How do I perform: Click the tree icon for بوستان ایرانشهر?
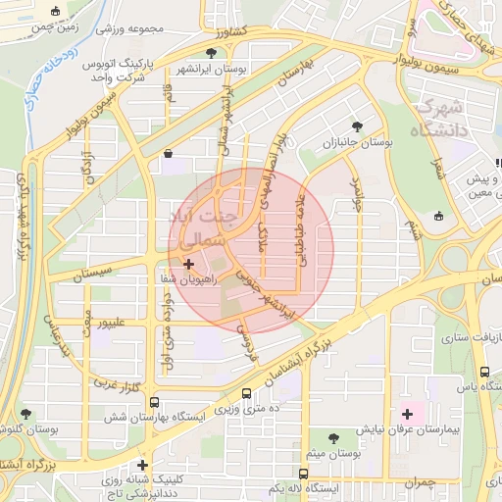[212, 53]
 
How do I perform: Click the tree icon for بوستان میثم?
[335, 435]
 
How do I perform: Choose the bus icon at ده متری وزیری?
[246, 393]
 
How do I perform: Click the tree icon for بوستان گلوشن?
[24, 414]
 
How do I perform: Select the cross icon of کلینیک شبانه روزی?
[143, 465]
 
